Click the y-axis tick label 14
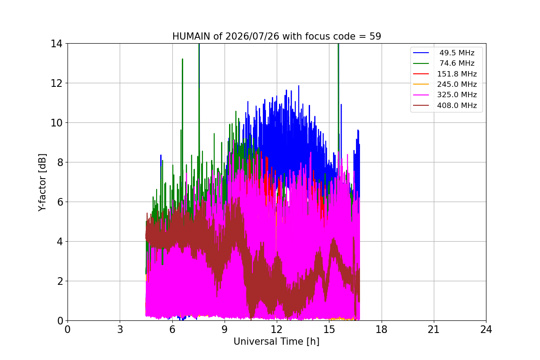click(56, 44)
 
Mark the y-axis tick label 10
click(56, 123)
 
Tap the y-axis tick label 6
click(60, 202)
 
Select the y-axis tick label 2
click(60, 281)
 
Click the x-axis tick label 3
click(120, 329)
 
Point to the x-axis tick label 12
click(277, 329)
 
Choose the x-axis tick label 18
click(382, 329)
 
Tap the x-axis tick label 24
click(486, 329)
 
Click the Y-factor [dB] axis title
click(42, 183)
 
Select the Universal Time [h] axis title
click(276, 342)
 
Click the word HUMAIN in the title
click(191, 36)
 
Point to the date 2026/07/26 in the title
click(252, 36)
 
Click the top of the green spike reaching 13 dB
click(183, 59)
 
